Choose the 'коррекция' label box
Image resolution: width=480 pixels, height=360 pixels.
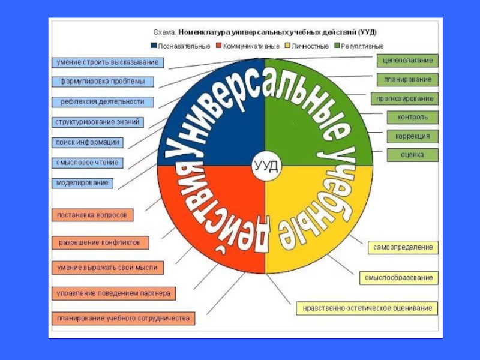coord(412,136)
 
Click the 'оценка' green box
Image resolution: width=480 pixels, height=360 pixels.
coord(412,155)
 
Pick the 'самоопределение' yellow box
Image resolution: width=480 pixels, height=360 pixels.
coord(403,247)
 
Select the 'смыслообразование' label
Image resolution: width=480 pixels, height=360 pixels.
coord(398,278)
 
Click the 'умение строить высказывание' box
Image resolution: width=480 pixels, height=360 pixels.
coord(107,62)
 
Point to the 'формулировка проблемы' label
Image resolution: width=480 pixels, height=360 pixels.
coord(102,82)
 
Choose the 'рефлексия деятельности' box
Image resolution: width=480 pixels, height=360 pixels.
coord(102,101)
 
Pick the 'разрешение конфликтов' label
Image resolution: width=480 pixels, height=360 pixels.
coord(100,243)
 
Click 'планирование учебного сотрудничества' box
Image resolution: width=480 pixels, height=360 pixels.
coord(123,318)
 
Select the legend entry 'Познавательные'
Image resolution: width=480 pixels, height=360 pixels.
coord(181,46)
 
